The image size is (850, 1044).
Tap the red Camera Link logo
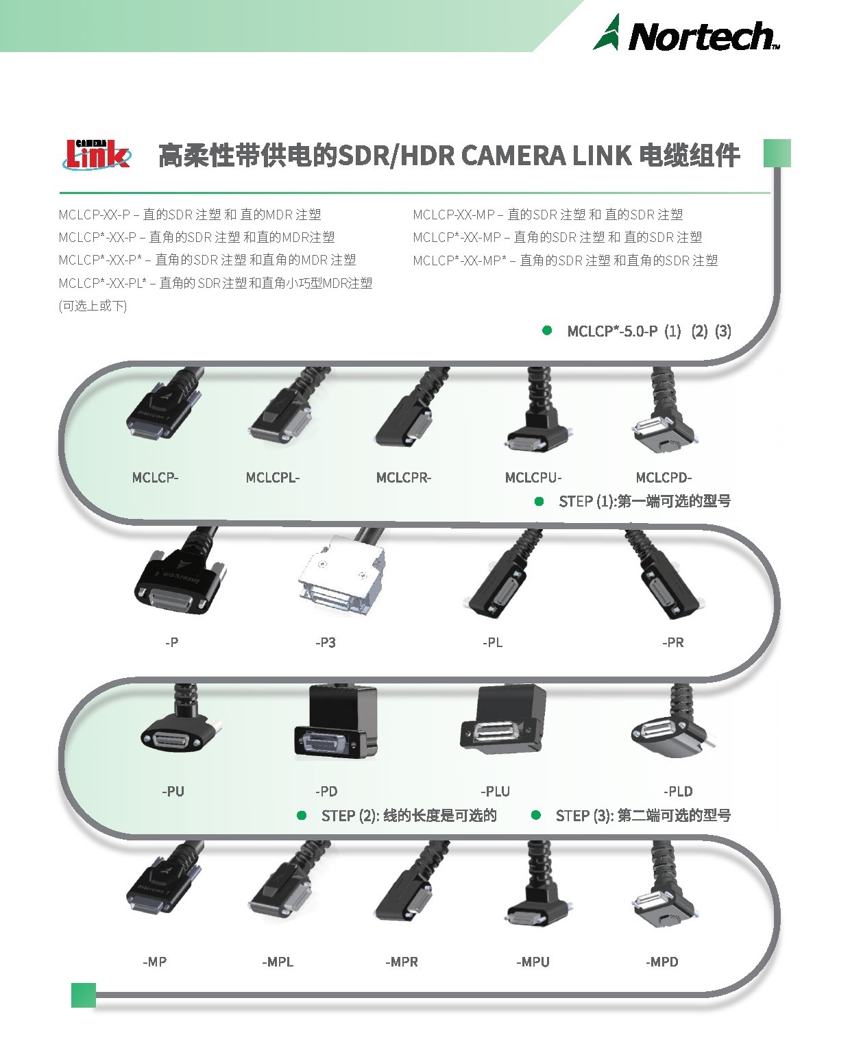(97, 154)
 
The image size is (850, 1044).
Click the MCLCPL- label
(273, 477)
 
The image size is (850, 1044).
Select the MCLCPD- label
(664, 477)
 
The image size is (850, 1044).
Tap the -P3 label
(326, 642)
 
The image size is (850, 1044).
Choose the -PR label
(673, 642)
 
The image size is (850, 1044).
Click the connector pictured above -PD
(337, 722)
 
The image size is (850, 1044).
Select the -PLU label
(495, 791)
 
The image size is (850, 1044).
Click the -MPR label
(402, 962)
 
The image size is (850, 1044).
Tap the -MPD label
(662, 962)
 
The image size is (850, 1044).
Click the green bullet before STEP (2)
(302, 816)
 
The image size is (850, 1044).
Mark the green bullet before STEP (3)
(536, 815)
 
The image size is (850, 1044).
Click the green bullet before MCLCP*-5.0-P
(547, 330)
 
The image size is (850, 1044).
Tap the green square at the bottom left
(84, 995)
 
